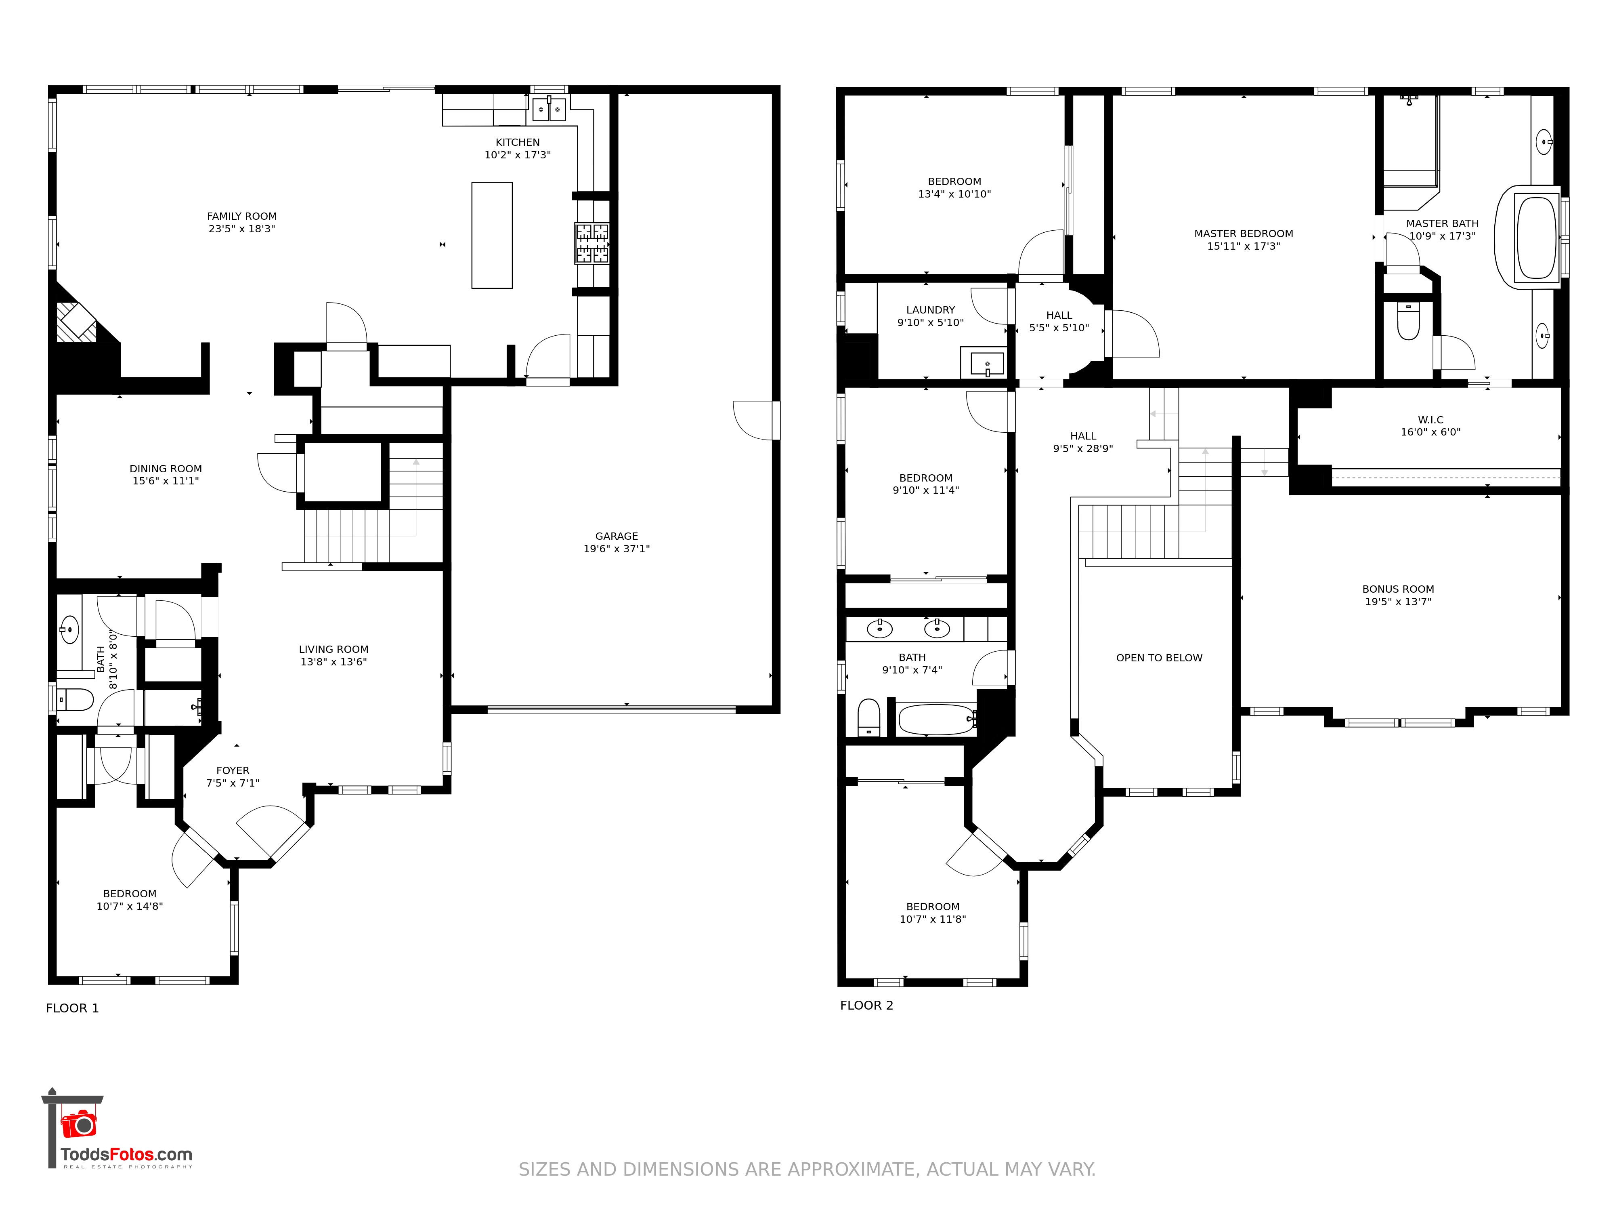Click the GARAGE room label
click(x=616, y=536)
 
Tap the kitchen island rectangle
click(x=492, y=235)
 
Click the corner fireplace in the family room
click(x=77, y=322)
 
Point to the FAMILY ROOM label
click(x=242, y=216)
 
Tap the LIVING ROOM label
click(x=333, y=650)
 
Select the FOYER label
click(x=233, y=771)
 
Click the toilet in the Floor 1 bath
click(x=75, y=700)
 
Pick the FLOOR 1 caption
click(x=72, y=1008)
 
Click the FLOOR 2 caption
click(x=866, y=1005)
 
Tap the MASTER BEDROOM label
click(x=1244, y=234)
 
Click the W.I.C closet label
click(x=1430, y=420)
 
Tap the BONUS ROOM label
click(x=1398, y=589)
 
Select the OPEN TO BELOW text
click(x=1160, y=658)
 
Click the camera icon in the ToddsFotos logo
click(x=79, y=1124)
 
